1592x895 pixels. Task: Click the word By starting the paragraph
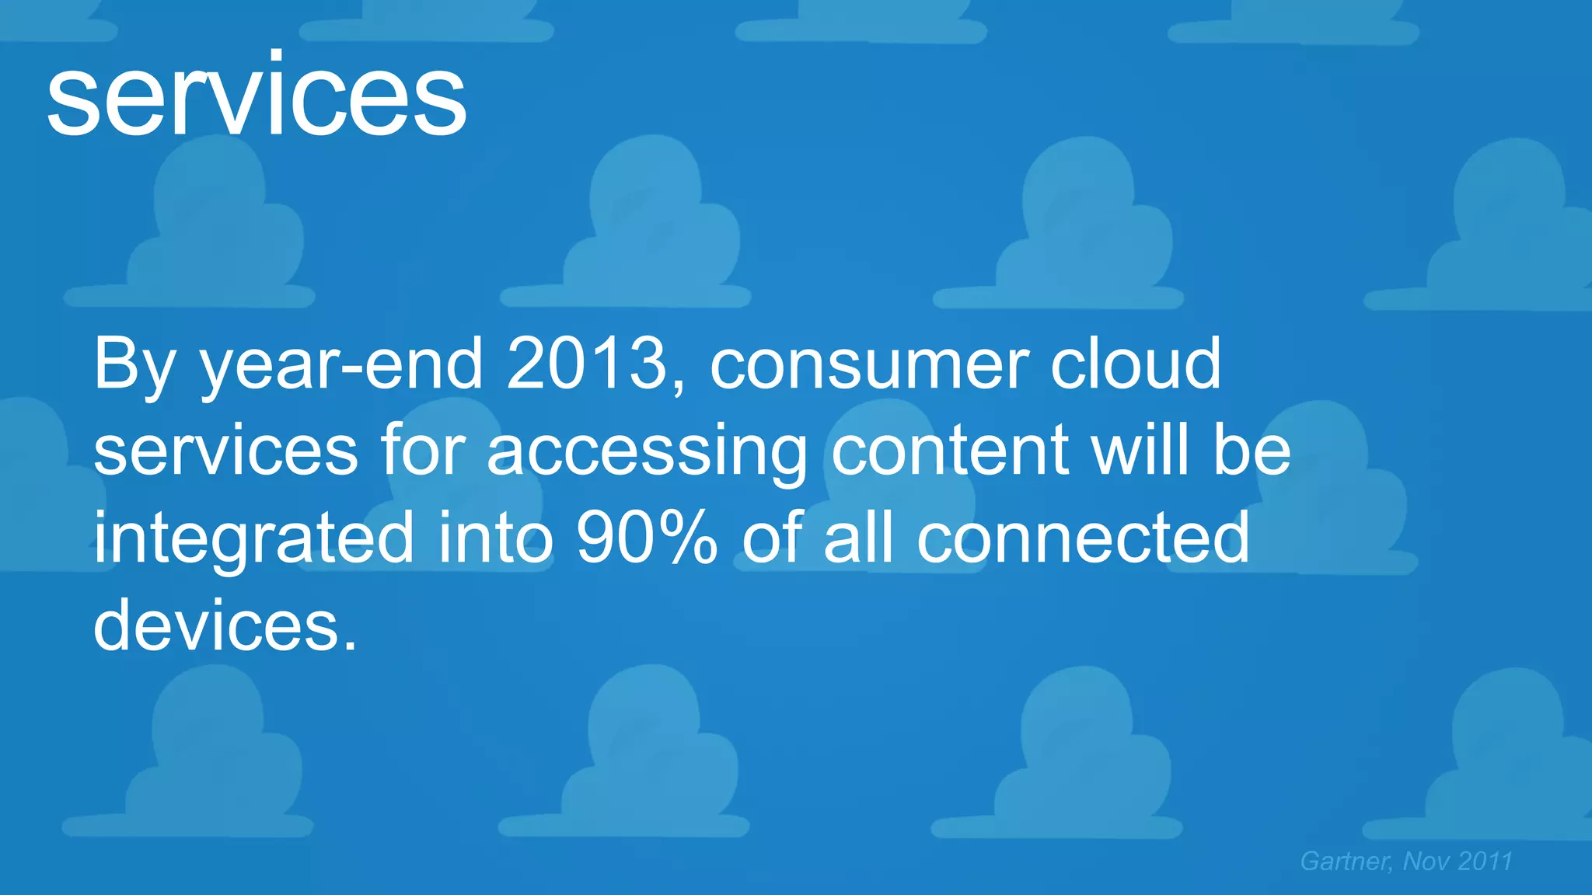[134, 365]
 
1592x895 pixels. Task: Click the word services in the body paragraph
[225, 451]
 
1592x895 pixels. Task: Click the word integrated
[253, 539]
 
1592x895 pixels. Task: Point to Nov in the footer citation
[1426, 861]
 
